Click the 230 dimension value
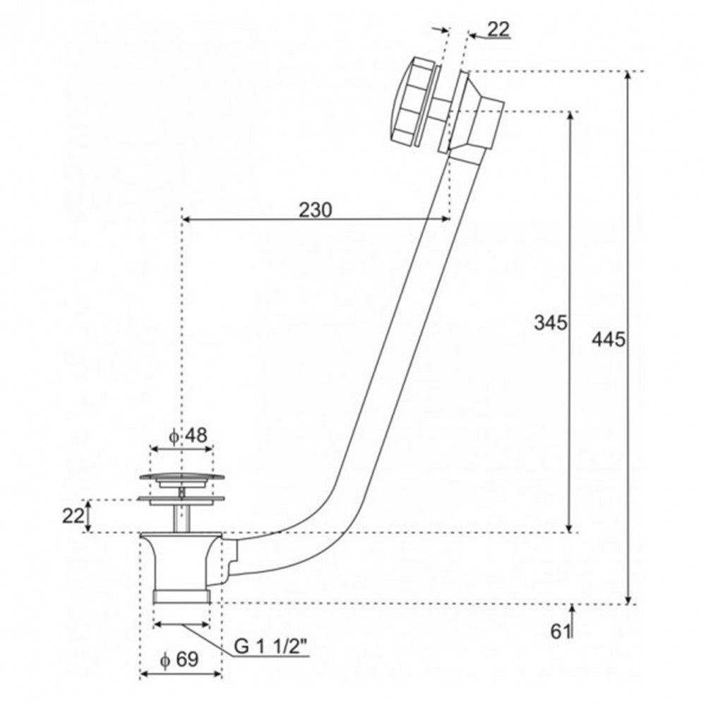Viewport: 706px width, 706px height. (315, 210)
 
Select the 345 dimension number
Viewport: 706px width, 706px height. (550, 323)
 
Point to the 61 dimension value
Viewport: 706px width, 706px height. (559, 632)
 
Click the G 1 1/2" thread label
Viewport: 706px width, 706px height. (270, 647)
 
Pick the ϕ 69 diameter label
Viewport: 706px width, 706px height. (179, 659)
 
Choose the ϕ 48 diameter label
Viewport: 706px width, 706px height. (189, 436)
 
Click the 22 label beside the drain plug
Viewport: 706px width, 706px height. (73, 516)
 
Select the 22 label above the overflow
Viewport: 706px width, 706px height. (498, 29)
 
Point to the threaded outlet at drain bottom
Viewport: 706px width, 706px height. (182, 596)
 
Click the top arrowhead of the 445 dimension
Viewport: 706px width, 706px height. (629, 76)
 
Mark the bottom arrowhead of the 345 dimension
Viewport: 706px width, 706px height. (570, 527)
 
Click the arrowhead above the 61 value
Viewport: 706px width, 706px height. (572, 609)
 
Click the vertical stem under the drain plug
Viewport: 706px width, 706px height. (181, 517)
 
